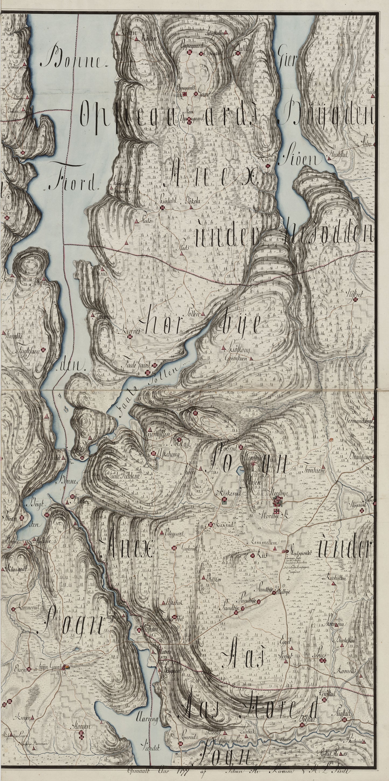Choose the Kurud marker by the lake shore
(268, 166)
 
